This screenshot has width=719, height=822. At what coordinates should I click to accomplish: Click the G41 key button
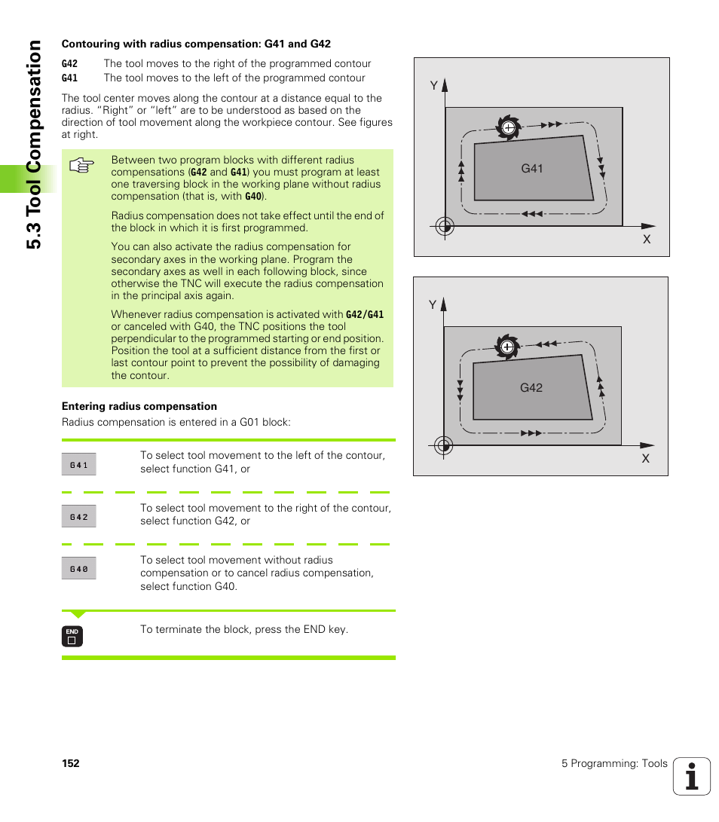pyautogui.click(x=79, y=465)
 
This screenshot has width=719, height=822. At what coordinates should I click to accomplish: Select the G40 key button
pyautogui.click(x=79, y=569)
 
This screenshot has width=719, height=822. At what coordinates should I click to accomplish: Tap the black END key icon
pyautogui.click(x=72, y=637)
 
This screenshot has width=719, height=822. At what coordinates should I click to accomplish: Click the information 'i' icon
pyautogui.click(x=692, y=776)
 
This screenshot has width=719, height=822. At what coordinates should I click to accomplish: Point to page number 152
pyautogui.click(x=71, y=763)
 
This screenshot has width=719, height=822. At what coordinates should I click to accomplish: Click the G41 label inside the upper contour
pyautogui.click(x=532, y=169)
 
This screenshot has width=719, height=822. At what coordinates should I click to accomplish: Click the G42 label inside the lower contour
pyautogui.click(x=531, y=388)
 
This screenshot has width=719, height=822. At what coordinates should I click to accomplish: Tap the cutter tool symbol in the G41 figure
pyautogui.click(x=508, y=127)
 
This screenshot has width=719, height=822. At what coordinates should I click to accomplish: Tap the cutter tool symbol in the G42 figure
pyautogui.click(x=507, y=347)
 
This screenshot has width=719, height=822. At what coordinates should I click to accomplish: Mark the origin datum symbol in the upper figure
pyautogui.click(x=445, y=225)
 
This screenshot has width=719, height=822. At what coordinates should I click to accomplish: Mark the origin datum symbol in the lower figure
pyautogui.click(x=444, y=445)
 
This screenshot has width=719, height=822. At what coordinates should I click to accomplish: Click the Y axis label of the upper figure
pyautogui.click(x=434, y=86)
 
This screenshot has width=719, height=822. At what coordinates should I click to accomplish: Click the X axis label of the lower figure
pyautogui.click(x=645, y=458)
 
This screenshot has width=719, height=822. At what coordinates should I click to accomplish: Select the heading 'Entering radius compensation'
pyautogui.click(x=139, y=406)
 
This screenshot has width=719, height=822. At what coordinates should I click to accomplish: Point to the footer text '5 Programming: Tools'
pyautogui.click(x=614, y=763)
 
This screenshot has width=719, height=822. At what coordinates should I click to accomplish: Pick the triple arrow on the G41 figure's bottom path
pyautogui.click(x=533, y=214)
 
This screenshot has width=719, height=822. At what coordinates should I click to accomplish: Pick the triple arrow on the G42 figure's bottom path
pyautogui.click(x=531, y=433)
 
